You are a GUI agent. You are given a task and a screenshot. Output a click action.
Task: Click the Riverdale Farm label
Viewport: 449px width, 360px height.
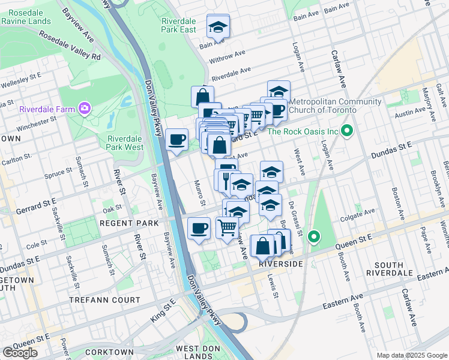click(47, 109)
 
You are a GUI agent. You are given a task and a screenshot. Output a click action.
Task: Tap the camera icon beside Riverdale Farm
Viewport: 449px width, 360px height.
click(84, 109)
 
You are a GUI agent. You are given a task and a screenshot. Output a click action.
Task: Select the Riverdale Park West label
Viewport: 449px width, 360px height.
click(125, 142)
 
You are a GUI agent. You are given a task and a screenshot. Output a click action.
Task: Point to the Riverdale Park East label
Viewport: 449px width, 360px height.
click(178, 25)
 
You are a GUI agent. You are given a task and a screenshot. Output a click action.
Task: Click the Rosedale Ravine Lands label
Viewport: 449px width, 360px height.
click(26, 16)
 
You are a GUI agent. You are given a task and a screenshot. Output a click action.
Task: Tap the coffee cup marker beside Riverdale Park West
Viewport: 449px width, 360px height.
click(176, 140)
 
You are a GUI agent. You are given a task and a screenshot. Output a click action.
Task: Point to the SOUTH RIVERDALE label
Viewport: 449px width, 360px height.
click(393, 268)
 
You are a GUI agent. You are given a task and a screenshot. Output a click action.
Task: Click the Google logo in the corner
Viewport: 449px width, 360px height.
click(20, 353)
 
